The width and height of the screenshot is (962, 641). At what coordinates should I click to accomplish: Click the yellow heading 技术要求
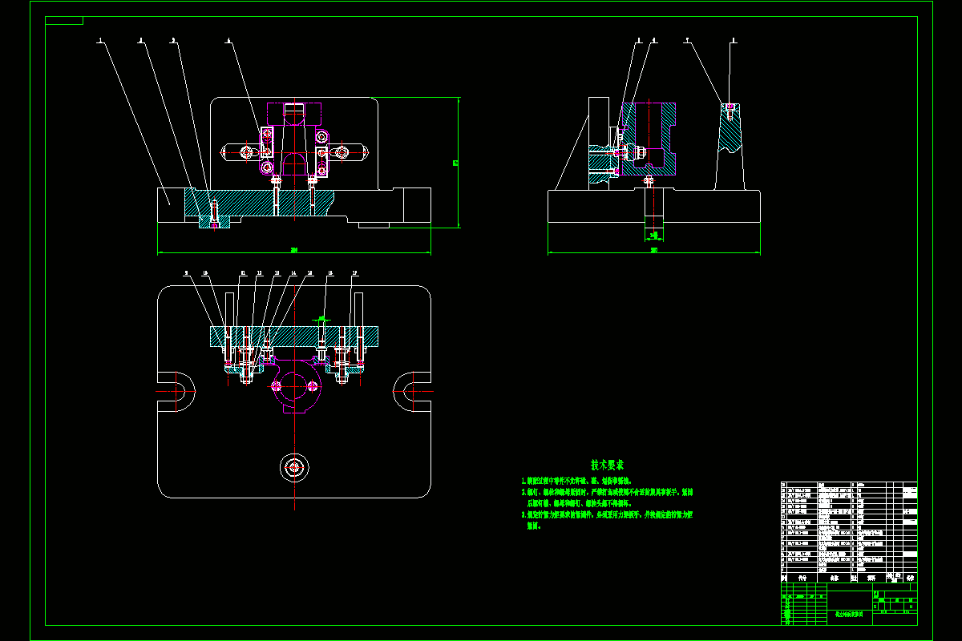(x=608, y=465)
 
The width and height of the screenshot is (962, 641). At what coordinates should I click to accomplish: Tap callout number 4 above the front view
(x=228, y=38)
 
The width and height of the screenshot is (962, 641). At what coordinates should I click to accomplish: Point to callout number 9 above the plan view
(x=186, y=273)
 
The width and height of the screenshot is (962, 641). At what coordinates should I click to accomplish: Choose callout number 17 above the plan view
(x=354, y=273)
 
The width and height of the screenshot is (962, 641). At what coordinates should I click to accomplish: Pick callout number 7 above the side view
(x=687, y=38)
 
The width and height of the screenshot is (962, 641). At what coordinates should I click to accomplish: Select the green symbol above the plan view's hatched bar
(x=322, y=318)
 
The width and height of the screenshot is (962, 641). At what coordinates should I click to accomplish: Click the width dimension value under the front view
(x=294, y=250)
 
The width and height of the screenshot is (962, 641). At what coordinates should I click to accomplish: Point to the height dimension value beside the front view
(x=455, y=163)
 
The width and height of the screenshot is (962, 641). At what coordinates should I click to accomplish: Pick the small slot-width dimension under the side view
(x=654, y=235)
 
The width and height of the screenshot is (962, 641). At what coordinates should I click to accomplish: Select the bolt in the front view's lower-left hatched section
(x=213, y=212)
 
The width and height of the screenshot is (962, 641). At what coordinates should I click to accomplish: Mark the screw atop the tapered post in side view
(x=730, y=110)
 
